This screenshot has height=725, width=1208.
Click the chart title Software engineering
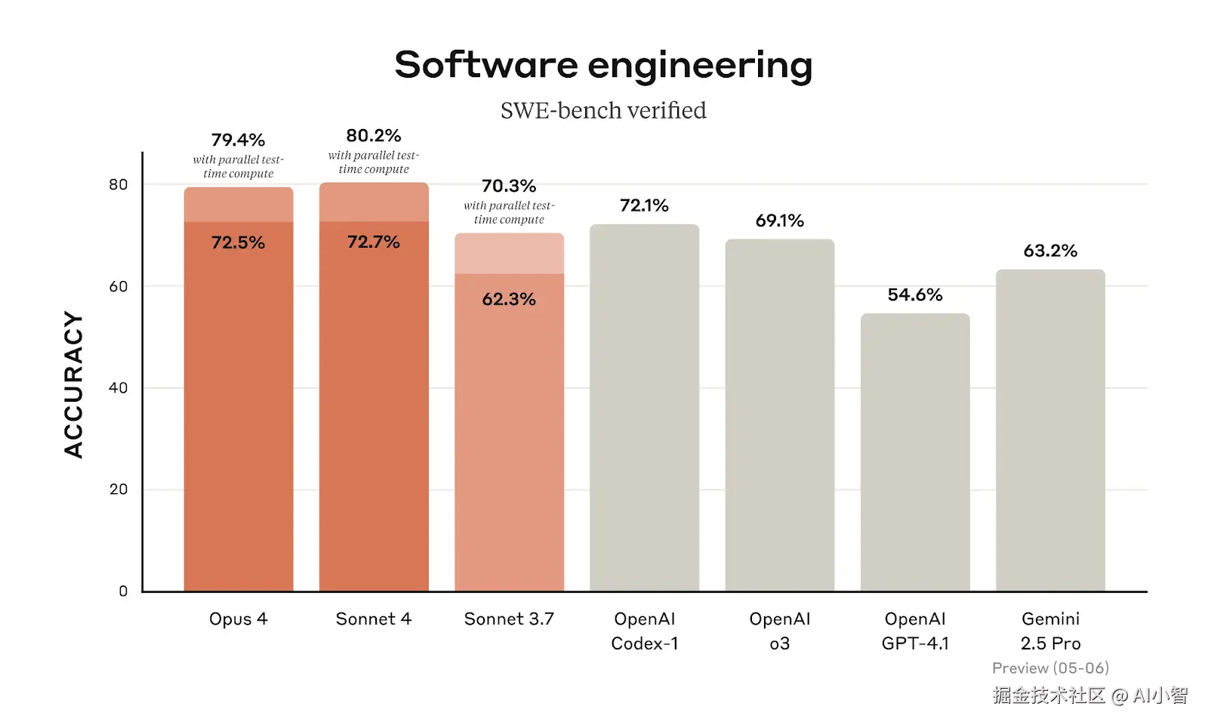tap(603, 65)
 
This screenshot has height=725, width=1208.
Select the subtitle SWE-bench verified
tap(603, 111)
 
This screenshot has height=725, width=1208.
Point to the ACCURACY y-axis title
tap(73, 384)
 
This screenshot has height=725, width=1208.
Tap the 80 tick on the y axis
tap(119, 184)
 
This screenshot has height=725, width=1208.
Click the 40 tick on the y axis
tap(119, 387)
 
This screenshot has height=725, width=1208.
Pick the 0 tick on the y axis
tap(123, 591)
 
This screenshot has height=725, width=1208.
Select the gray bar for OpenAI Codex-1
tap(644, 408)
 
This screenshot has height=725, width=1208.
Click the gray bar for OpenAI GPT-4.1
tap(915, 453)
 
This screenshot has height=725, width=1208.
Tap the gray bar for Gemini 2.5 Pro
tap(1050, 430)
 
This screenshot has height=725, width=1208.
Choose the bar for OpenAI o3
tap(779, 415)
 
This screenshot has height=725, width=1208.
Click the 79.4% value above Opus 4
tap(238, 140)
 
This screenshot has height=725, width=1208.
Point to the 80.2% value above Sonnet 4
tap(374, 135)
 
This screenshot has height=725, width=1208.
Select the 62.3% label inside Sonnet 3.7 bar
tap(509, 299)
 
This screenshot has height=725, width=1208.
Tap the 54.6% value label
tap(915, 295)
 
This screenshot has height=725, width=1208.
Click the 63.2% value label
tap(1050, 251)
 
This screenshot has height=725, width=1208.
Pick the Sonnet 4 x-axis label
tap(374, 619)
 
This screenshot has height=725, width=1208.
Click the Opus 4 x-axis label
tap(238, 619)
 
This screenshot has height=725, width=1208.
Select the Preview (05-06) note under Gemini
tap(1050, 668)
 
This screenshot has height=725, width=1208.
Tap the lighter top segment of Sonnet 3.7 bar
tap(509, 254)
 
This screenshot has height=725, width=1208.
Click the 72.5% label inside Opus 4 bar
tap(238, 242)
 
